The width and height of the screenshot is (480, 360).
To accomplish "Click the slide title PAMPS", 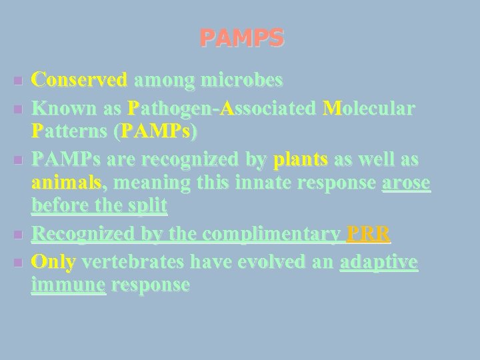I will pyautogui.click(x=241, y=37).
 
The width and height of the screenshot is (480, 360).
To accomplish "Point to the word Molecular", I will pyautogui.click(x=369, y=108).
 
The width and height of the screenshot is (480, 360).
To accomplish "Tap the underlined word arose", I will pyautogui.click(x=406, y=183).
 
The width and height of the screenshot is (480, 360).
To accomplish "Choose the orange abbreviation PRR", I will pyautogui.click(x=369, y=234).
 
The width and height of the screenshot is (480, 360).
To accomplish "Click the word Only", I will pyautogui.click(x=53, y=263).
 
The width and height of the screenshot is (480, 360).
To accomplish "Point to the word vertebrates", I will pyautogui.click(x=133, y=263).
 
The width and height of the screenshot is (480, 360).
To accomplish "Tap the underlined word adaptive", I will pyautogui.click(x=379, y=263).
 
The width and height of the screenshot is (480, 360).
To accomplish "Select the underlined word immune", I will pyautogui.click(x=68, y=285).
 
